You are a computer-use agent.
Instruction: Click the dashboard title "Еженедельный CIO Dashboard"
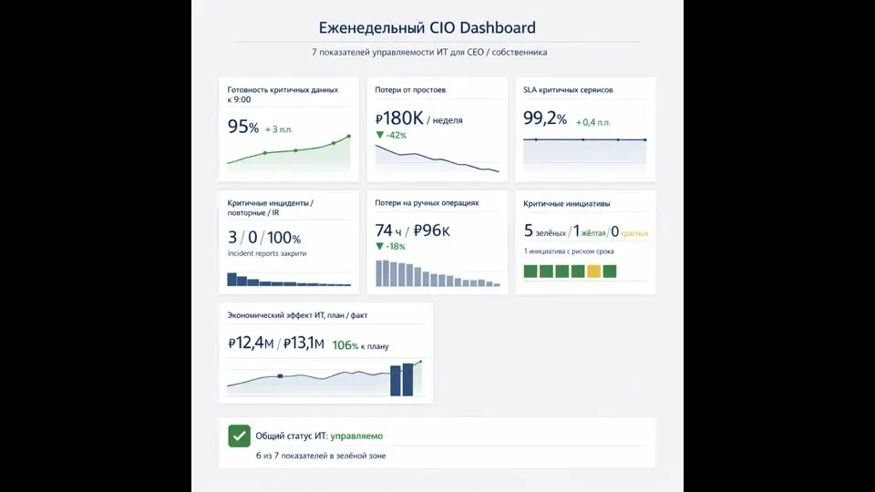427,28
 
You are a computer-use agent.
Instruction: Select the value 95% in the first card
243,128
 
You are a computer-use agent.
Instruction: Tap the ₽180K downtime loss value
399,118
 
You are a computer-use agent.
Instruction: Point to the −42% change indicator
391,136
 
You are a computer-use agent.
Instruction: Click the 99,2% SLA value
545,119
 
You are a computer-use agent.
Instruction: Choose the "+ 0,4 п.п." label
593,122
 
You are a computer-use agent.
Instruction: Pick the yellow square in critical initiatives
593,271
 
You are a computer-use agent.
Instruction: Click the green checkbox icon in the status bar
239,436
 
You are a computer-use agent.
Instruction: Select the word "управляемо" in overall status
356,436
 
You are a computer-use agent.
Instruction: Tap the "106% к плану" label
360,346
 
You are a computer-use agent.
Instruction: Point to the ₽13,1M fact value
304,343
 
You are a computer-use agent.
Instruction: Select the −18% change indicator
391,247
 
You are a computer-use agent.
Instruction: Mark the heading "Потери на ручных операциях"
427,203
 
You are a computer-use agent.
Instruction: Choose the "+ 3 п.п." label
279,130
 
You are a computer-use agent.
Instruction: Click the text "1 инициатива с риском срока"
569,251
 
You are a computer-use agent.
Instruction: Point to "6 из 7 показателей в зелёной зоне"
320,456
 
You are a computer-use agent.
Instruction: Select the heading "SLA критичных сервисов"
568,90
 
